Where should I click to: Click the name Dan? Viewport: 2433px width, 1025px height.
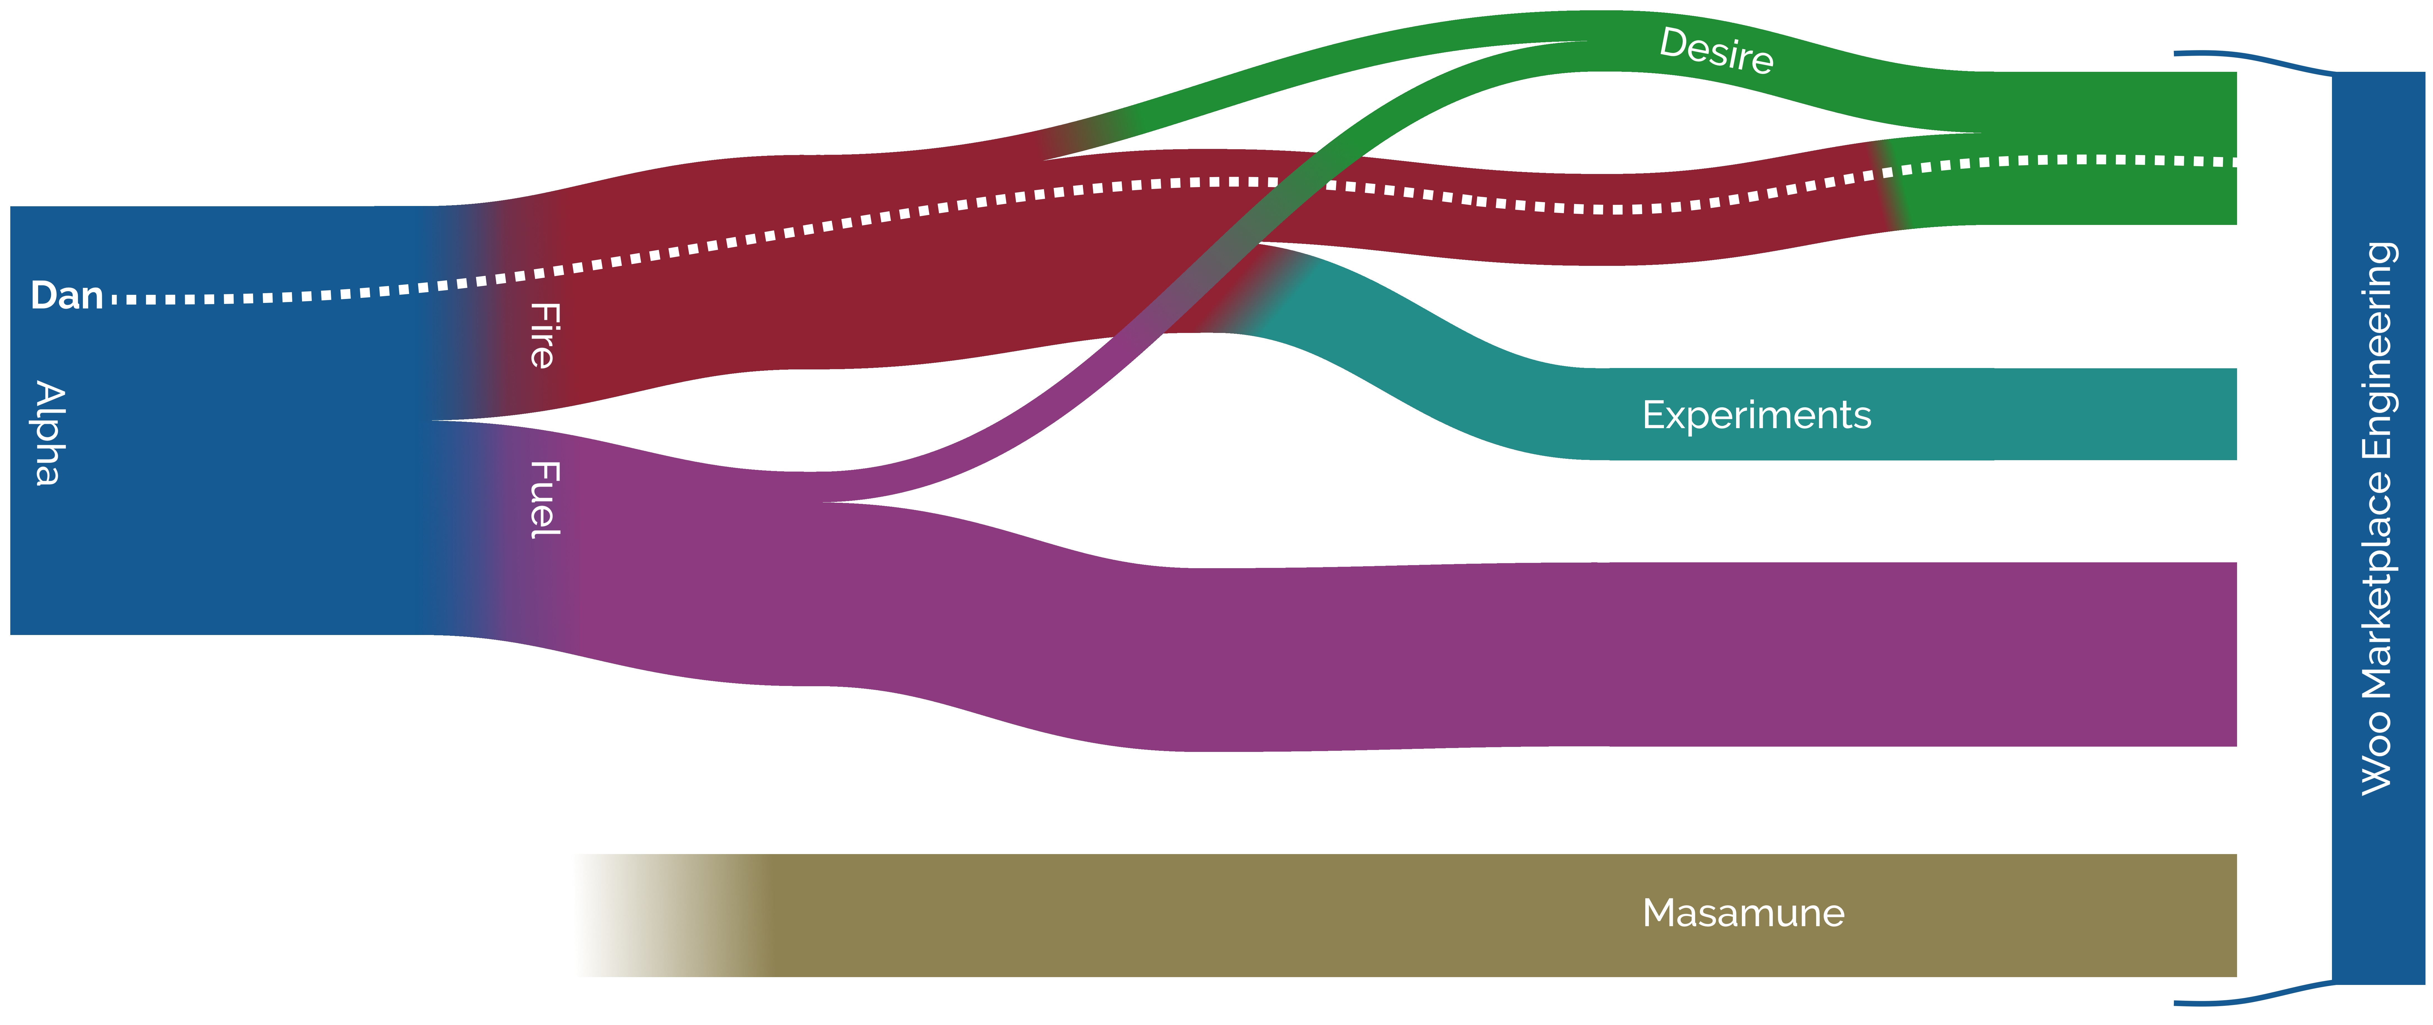pyautogui.click(x=66, y=296)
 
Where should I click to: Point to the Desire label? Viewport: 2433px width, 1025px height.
pyautogui.click(x=1716, y=50)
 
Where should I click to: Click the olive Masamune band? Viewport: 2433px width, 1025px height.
pyautogui.click(x=1133, y=914)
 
